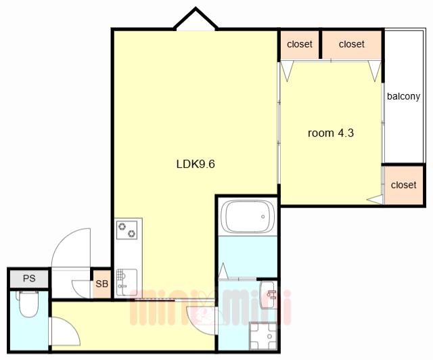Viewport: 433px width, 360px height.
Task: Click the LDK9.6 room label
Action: pos(196,164)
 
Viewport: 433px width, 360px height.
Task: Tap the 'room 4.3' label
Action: pos(331,133)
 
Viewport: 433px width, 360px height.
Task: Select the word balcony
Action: pos(403,96)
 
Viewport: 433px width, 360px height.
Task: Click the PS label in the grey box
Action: pos(29,278)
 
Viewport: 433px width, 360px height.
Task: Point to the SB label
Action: pos(101,284)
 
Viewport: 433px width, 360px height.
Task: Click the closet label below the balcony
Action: pos(403,185)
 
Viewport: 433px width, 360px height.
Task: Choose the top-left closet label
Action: pos(300,44)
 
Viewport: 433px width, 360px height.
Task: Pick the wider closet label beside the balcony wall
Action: pos(352,44)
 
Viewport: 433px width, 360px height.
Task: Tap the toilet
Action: pos(28,303)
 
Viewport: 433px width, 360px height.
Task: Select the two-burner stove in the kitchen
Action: pos(127,230)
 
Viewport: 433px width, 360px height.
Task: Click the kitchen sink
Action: pos(127,282)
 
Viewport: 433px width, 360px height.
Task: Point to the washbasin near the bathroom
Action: pos(268,294)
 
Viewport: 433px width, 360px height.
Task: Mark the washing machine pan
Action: pos(263,336)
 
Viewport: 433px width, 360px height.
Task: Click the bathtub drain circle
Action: pos(263,217)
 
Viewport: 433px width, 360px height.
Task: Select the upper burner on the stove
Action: pos(122,227)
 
